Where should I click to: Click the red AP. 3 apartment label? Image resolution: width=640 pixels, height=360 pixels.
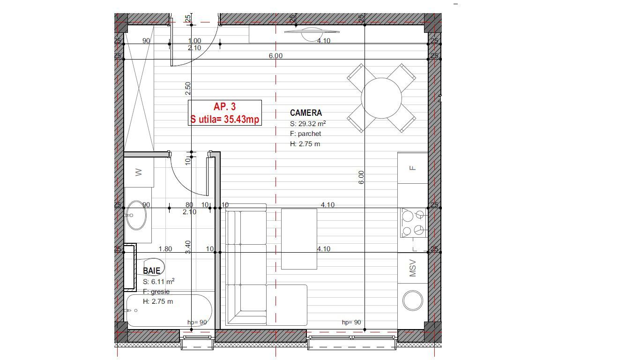[224, 107]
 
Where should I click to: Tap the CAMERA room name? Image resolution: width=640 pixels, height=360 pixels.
[306, 113]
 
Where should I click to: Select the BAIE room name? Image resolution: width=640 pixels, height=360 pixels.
[151, 270]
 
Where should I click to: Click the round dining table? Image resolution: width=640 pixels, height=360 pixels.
[381, 98]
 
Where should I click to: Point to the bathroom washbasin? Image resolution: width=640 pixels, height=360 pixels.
[136, 215]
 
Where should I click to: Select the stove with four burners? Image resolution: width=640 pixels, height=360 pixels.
[413, 223]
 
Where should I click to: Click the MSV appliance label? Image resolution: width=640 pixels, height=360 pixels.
[413, 268]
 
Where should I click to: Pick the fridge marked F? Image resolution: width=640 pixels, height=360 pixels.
[413, 168]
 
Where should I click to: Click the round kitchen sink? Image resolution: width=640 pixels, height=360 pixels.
[413, 301]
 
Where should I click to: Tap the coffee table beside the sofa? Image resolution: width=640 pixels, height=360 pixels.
[299, 239]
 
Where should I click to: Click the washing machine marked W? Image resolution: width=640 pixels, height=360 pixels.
[139, 172]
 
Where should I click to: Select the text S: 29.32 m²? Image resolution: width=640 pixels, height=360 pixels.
[308, 124]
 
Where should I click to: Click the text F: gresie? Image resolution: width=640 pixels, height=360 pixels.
[156, 292]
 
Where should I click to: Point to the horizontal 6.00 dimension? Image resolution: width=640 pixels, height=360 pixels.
[275, 56]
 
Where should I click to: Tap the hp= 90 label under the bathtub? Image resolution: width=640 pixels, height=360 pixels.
[197, 322]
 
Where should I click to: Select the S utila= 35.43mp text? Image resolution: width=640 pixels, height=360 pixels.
[224, 120]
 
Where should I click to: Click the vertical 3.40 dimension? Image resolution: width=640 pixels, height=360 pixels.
[188, 247]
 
